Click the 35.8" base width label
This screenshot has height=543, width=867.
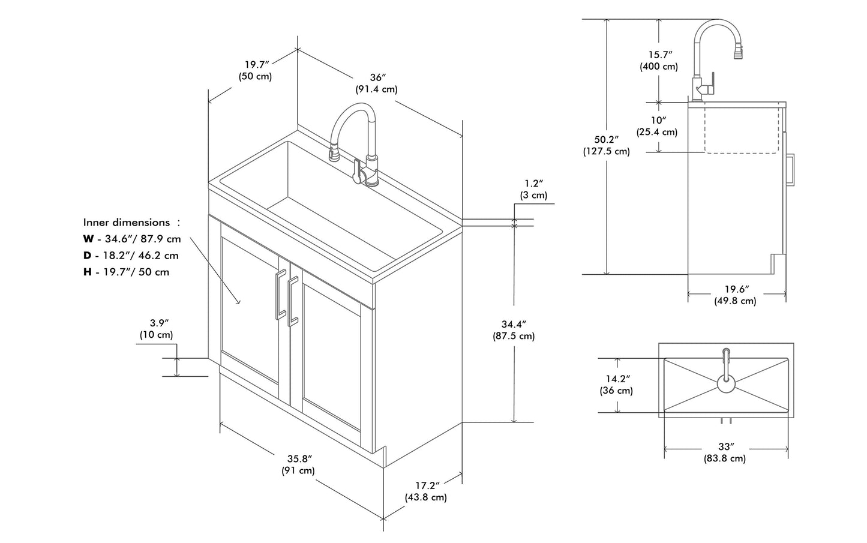tap(298, 459)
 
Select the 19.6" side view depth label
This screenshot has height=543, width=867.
tap(736, 289)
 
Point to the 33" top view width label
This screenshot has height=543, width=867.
tap(726, 447)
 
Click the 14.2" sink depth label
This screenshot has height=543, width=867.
tap(616, 379)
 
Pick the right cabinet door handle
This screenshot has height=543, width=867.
tap(293, 302)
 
